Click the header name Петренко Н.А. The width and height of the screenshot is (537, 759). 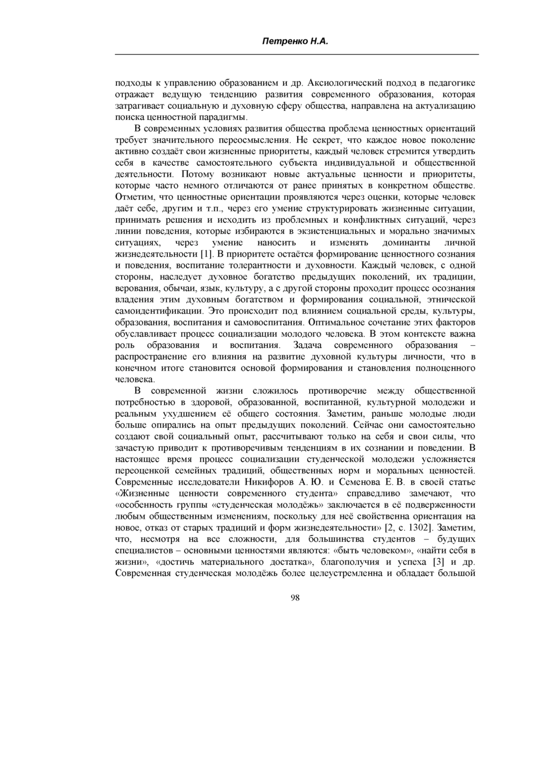click(295, 42)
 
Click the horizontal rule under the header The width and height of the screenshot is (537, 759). click(297, 54)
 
